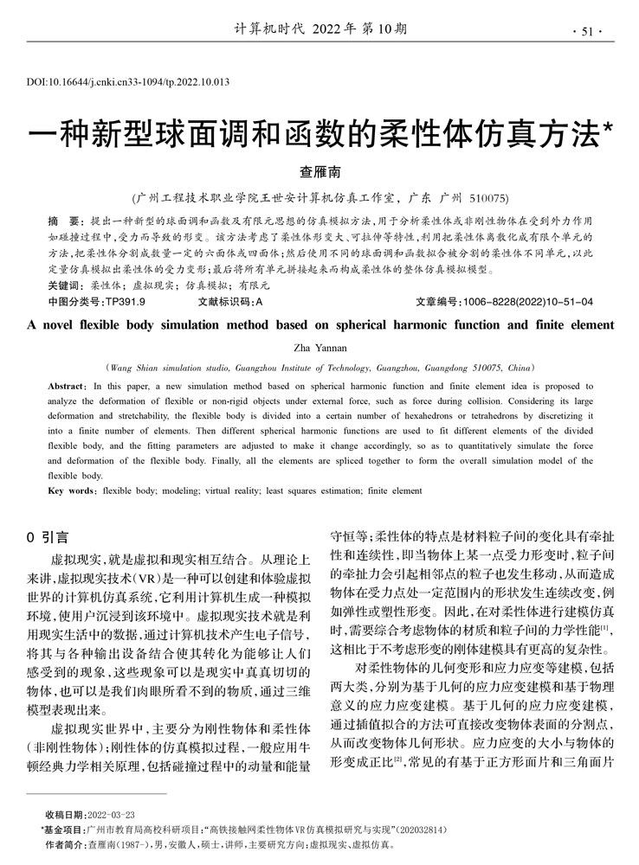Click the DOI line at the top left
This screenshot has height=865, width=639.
128,83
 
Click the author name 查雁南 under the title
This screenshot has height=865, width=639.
319,172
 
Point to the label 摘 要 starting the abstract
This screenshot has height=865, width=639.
65,221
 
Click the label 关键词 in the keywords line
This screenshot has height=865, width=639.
65,285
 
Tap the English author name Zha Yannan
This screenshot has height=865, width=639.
319,346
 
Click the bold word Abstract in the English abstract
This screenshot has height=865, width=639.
66,385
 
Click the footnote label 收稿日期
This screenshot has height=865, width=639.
64,815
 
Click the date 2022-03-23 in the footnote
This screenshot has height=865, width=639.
111,815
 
